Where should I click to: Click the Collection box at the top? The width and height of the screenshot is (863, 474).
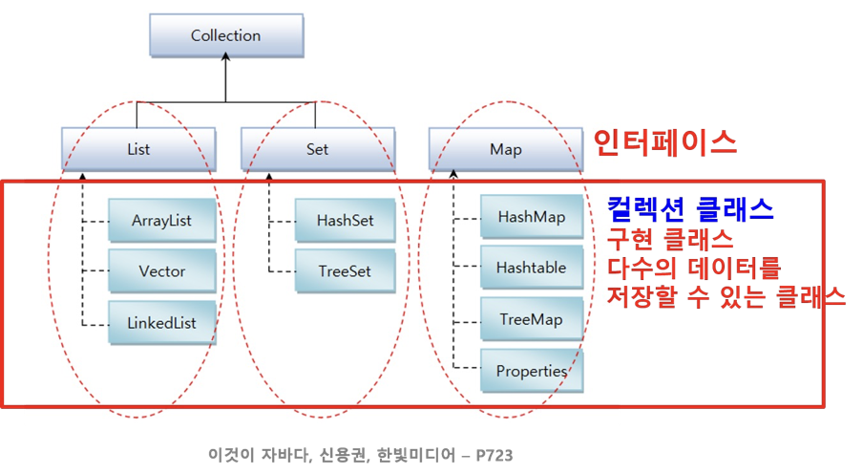click(x=225, y=36)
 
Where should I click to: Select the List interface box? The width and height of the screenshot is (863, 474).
click(x=138, y=149)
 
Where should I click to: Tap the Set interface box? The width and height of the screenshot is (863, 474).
click(x=317, y=149)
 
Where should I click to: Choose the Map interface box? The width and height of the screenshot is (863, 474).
click(x=504, y=149)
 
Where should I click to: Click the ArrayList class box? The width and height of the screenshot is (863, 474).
click(x=161, y=221)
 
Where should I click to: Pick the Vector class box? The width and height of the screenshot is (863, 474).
click(x=161, y=271)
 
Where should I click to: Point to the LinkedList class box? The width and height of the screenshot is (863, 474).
click(x=161, y=323)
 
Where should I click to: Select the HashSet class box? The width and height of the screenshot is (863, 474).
click(x=345, y=221)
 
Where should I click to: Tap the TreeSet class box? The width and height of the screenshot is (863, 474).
click(x=345, y=271)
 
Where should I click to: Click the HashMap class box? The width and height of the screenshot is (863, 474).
click(x=531, y=217)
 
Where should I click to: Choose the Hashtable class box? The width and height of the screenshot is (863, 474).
click(x=531, y=268)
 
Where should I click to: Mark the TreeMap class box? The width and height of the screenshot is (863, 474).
click(x=531, y=319)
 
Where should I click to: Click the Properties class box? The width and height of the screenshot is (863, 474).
click(x=531, y=370)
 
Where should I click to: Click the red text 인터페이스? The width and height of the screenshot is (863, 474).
click(x=664, y=143)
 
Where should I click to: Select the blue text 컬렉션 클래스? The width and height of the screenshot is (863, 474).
click(x=690, y=208)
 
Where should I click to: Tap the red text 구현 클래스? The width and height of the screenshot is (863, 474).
click(x=670, y=237)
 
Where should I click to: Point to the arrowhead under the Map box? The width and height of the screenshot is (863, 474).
click(x=453, y=176)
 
